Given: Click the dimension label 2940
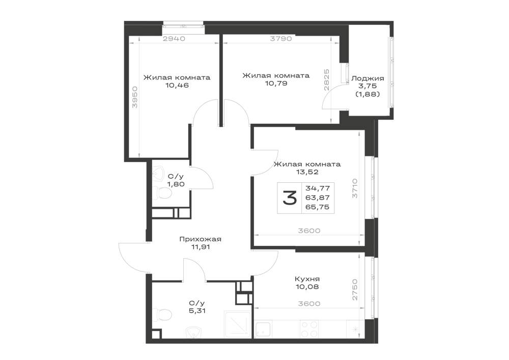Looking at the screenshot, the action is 174,39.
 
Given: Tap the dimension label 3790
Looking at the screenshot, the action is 281,39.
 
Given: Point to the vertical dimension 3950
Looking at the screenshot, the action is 135,97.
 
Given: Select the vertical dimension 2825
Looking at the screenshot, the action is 326,80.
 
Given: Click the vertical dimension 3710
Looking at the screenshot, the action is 355,188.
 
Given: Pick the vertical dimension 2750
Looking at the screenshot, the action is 355,289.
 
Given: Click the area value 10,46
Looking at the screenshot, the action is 177,86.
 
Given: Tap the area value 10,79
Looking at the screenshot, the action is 276,84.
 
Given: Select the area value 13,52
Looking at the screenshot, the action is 307,172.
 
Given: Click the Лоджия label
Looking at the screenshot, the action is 367,78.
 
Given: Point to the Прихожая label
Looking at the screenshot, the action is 200,239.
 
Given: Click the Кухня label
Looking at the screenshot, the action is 307,279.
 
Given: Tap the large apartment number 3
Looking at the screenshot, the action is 290,198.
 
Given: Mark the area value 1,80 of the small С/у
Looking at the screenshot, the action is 176,184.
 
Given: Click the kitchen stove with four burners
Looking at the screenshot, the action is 309,329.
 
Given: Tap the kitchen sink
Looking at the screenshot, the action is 264,329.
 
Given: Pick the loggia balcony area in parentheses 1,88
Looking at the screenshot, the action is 367,94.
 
